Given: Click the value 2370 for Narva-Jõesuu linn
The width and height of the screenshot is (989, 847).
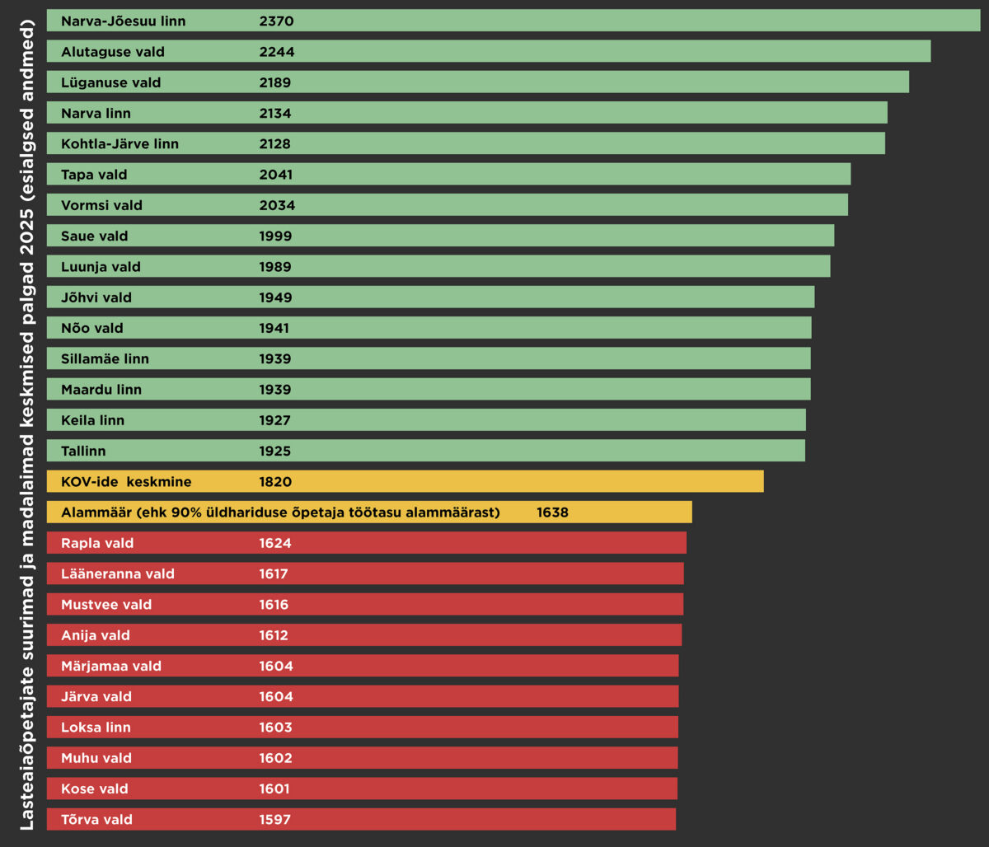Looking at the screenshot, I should pos(276,21).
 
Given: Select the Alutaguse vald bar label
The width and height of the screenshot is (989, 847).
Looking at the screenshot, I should pos(113,52).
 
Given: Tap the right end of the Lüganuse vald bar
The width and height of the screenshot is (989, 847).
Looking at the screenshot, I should pos(906,82).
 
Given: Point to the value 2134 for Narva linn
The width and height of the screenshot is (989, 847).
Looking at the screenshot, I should pos(275,113).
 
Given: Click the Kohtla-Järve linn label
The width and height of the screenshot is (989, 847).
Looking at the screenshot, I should pos(120,144).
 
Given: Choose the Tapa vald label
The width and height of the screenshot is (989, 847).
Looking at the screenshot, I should pos(94,175).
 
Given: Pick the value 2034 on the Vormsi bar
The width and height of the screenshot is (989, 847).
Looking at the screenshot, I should pos(277,205).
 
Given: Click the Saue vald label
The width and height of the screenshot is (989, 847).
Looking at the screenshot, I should pos(95,236).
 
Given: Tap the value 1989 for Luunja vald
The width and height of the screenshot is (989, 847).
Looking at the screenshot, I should pos(275,267).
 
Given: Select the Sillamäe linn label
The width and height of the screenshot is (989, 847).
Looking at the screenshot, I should pos(105,359).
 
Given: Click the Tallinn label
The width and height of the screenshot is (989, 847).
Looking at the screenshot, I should pos(83,452).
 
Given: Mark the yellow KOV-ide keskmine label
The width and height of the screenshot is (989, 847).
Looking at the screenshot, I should pos(126,482).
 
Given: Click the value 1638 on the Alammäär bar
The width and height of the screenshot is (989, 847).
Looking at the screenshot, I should pos(552,512).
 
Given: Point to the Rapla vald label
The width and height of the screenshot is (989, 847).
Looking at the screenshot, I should pos(97,543).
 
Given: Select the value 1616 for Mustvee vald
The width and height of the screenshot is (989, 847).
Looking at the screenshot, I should pos(274,605).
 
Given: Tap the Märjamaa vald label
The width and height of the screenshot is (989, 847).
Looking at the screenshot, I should pos(111,666).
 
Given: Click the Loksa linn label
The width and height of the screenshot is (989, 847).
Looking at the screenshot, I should pos(96,728).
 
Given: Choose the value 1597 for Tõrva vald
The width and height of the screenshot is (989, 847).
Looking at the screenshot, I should pos(274,820).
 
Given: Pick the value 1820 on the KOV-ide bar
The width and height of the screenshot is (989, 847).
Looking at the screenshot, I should pos(275,482).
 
